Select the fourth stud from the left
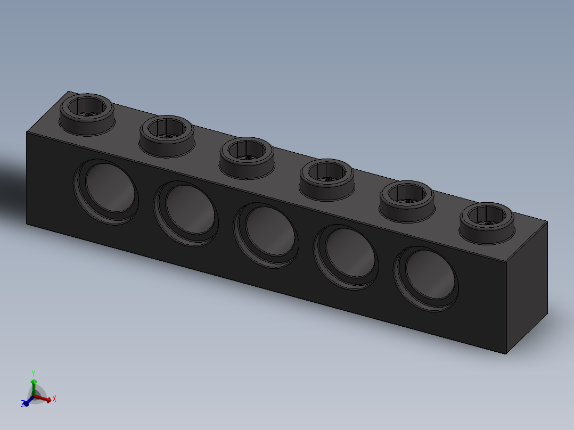coord(326,179)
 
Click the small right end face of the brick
coord(526,287)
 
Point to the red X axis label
coord(54,398)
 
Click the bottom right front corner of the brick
coord(505,354)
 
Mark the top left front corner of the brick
coord(27,131)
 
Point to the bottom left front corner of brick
coord(27,224)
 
